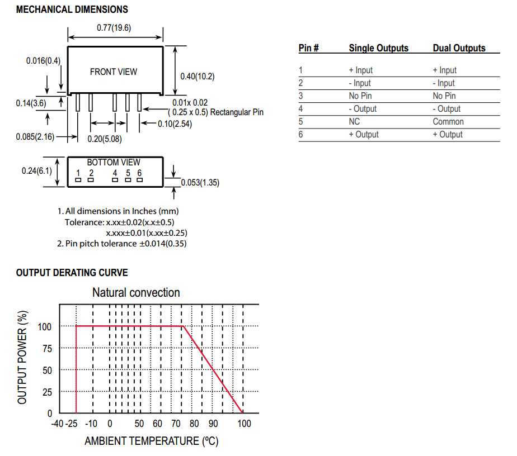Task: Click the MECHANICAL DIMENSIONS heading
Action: [x=72, y=9]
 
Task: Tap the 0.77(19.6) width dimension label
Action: [x=114, y=28]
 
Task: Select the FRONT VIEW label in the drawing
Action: [x=114, y=72]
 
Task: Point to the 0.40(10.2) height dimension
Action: [x=198, y=77]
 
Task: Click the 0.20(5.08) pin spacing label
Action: [x=105, y=138]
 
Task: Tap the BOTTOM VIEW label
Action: [x=114, y=163]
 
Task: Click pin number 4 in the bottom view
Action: [x=115, y=173]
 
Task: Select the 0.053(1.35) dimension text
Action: [x=200, y=182]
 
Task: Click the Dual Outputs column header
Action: [x=459, y=48]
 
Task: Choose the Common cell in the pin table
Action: [x=448, y=121]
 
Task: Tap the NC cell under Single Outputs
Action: [x=354, y=121]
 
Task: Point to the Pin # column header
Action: [x=309, y=48]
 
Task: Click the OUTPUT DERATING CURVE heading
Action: [x=72, y=273]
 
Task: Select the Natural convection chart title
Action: [x=136, y=292]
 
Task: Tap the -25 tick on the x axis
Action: [x=71, y=424]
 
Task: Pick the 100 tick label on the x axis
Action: [x=244, y=424]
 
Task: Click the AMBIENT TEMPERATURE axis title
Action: [x=151, y=441]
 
